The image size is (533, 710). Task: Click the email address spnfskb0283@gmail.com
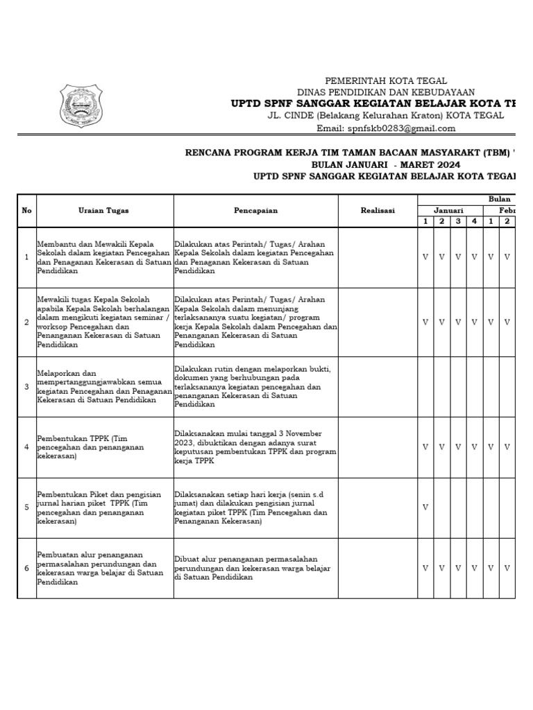click(386, 128)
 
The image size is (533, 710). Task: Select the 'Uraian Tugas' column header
click(103, 211)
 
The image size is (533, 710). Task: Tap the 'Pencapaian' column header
click(255, 211)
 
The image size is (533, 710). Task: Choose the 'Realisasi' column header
click(378, 211)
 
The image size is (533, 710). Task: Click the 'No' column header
click(26, 211)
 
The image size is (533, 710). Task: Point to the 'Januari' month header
click(449, 211)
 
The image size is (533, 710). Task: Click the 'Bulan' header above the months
click(498, 199)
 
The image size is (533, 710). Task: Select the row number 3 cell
click(26, 387)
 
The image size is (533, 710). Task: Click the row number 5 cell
click(26, 508)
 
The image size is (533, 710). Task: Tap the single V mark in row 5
click(425, 508)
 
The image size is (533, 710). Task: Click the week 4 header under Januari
click(475, 221)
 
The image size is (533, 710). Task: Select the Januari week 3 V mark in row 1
click(458, 257)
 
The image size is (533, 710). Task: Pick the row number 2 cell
click(26, 322)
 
